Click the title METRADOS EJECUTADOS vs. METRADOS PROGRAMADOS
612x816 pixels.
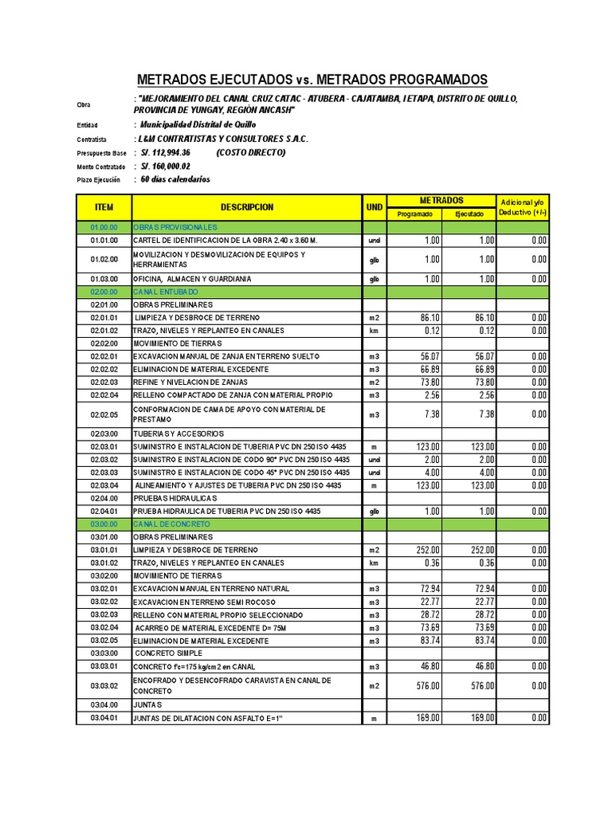(312, 80)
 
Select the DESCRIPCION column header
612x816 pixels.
(247, 207)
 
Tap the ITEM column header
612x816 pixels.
(104, 207)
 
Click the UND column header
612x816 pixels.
(375, 207)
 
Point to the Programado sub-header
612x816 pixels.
(414, 214)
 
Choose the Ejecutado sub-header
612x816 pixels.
(469, 214)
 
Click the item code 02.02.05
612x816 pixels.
(104, 414)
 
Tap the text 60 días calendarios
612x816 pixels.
(175, 179)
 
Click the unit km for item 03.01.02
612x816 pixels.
(374, 563)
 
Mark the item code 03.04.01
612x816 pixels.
(104, 718)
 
